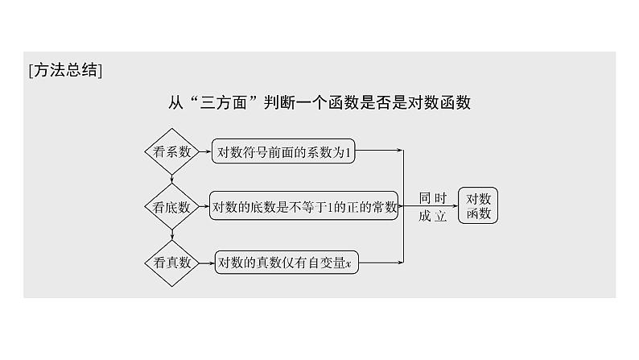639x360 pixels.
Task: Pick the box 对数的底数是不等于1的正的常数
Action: click(304, 206)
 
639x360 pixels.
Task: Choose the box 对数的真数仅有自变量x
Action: click(287, 262)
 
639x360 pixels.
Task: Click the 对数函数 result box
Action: click(479, 205)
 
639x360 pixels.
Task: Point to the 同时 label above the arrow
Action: click(432, 197)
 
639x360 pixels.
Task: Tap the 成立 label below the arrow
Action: click(432, 216)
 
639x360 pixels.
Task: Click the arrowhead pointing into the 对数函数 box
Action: click(454, 206)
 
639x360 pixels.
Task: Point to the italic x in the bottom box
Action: click(348, 263)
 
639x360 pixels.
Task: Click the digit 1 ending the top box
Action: click(348, 151)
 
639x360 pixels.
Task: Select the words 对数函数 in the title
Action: click(441, 102)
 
